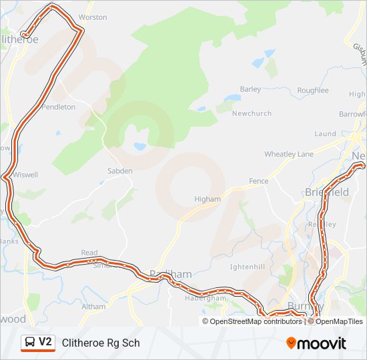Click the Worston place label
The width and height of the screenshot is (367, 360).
click(93, 17)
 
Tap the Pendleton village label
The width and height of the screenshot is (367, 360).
click(59, 107)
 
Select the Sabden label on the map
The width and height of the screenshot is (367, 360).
click(120, 171)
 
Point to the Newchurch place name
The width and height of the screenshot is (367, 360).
click(252, 113)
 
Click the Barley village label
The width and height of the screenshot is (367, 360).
click(250, 89)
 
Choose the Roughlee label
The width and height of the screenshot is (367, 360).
click(312, 90)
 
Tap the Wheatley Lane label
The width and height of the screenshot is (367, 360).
click(288, 154)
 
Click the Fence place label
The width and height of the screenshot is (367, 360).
click(258, 181)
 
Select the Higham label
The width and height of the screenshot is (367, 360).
click(207, 199)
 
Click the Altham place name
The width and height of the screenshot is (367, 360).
click(93, 307)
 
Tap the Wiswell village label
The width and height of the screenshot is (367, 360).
click(25, 175)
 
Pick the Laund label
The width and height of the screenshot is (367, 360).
click(325, 133)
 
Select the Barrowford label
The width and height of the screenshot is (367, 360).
click(353, 114)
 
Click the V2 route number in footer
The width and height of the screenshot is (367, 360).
click(45, 342)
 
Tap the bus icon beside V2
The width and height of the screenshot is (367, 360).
click(30, 343)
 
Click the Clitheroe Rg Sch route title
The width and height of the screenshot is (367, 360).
click(101, 343)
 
